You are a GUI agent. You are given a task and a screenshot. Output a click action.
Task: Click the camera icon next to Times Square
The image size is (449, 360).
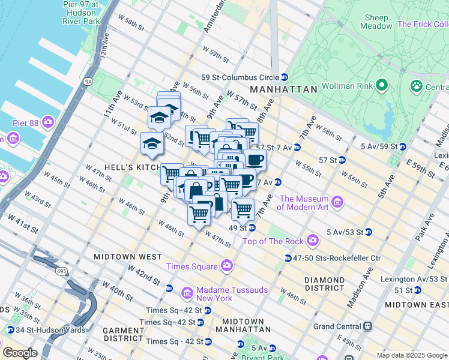tap(226, 265)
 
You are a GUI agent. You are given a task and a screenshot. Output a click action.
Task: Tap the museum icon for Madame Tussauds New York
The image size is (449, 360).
tap(187, 293)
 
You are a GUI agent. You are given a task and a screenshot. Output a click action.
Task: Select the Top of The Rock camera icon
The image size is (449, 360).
tap(312, 241)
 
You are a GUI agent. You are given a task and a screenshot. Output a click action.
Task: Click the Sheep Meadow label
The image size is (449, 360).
tap(375, 22)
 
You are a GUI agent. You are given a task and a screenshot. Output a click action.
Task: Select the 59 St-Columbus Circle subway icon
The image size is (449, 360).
tap(284, 77)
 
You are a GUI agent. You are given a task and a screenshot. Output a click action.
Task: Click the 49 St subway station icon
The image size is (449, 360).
tap(252, 228)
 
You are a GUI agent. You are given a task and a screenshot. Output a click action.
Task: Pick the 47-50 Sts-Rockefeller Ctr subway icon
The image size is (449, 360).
tap(289, 258)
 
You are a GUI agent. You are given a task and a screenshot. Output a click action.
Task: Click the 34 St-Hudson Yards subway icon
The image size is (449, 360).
tap(10, 331)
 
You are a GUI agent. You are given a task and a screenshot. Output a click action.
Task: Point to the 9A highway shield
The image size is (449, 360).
tap(89, 81)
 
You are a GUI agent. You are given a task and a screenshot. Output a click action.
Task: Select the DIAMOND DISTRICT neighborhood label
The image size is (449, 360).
tap(324, 283)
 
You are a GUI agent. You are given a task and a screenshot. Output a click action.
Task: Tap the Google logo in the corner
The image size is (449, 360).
tap(20, 353)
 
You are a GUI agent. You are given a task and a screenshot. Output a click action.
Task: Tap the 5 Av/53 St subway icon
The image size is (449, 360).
tap(369, 232)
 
